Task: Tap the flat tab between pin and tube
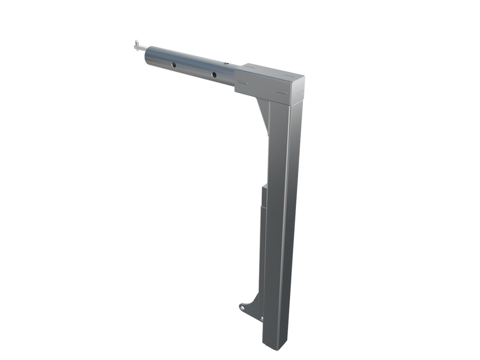pyautogui.click(x=140, y=48)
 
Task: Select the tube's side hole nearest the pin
pyautogui.click(x=174, y=64)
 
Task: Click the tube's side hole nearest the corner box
pyautogui.click(x=214, y=74)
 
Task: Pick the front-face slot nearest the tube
pyautogui.click(x=242, y=83)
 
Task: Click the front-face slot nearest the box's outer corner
pyautogui.click(x=282, y=93)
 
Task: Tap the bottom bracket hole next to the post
pyautogui.click(x=262, y=318)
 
